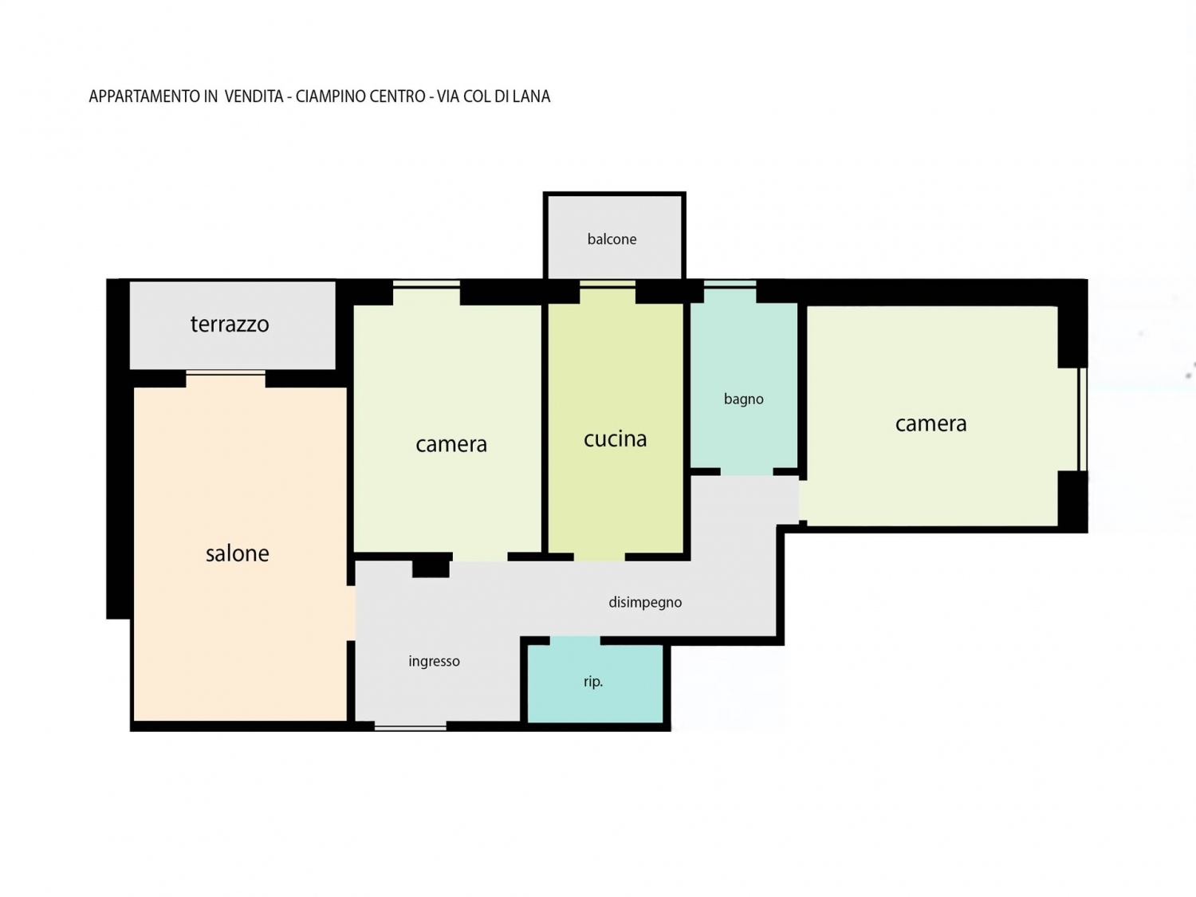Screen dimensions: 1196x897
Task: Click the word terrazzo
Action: (x=230, y=324)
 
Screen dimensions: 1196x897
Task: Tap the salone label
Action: (x=237, y=553)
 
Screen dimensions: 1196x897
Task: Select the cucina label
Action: (x=616, y=439)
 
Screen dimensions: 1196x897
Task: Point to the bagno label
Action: (x=743, y=399)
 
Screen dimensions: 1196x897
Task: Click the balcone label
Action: (x=612, y=239)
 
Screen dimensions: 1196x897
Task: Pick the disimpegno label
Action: (x=645, y=602)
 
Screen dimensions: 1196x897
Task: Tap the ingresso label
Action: (x=434, y=661)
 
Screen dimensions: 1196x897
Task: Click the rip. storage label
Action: (x=593, y=682)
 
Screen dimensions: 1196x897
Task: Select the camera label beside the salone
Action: (x=451, y=444)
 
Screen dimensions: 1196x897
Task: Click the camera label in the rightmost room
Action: (x=930, y=423)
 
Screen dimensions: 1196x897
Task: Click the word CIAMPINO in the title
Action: (x=332, y=96)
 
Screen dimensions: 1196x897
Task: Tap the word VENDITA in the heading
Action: (x=254, y=96)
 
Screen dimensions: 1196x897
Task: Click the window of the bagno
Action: (x=730, y=284)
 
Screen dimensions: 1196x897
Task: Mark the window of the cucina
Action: (x=607, y=284)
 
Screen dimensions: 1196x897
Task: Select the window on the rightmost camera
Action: (x=1083, y=419)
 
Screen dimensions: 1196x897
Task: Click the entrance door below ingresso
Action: (x=411, y=726)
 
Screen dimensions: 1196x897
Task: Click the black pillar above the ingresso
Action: (x=431, y=565)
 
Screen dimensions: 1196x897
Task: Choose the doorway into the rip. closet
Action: (x=575, y=640)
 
